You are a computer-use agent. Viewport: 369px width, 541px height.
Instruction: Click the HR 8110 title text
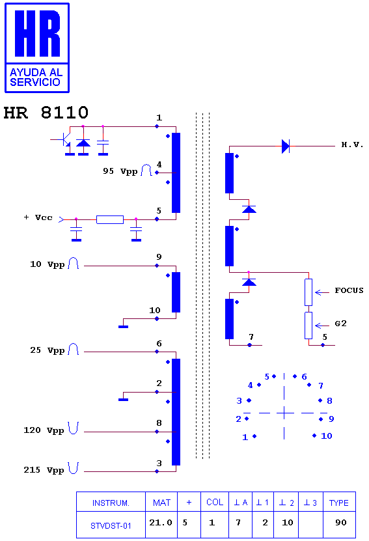(x=46, y=113)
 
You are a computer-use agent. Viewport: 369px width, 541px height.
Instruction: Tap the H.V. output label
(x=352, y=145)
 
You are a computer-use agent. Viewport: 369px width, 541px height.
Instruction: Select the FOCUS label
(x=349, y=290)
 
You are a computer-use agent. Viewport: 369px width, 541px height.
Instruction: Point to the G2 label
(x=340, y=324)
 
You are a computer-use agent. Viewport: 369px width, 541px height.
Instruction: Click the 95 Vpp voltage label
(x=120, y=171)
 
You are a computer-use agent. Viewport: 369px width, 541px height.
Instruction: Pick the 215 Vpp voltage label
(x=44, y=470)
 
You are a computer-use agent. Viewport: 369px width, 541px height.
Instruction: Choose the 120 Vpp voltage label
(x=44, y=430)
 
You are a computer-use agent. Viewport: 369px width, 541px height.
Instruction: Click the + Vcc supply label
(x=38, y=217)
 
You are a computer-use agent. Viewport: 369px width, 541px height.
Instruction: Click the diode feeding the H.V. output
(x=286, y=146)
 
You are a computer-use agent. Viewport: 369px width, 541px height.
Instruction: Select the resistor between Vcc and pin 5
(x=110, y=219)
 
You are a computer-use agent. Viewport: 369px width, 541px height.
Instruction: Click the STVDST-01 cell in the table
(x=111, y=526)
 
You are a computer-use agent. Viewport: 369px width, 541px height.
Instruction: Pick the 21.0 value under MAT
(x=161, y=523)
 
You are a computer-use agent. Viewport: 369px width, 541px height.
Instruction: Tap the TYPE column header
(x=339, y=503)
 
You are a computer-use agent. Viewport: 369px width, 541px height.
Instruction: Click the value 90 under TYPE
(x=341, y=523)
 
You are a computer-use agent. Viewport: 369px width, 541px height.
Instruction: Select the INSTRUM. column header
(x=111, y=503)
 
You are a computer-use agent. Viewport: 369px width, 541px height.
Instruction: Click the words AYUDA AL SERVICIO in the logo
(x=36, y=77)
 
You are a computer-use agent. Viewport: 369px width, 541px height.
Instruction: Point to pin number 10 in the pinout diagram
(x=327, y=436)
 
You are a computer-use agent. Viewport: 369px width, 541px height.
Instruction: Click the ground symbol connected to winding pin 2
(x=123, y=400)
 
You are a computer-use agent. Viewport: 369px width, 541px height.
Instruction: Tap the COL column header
(x=215, y=503)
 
